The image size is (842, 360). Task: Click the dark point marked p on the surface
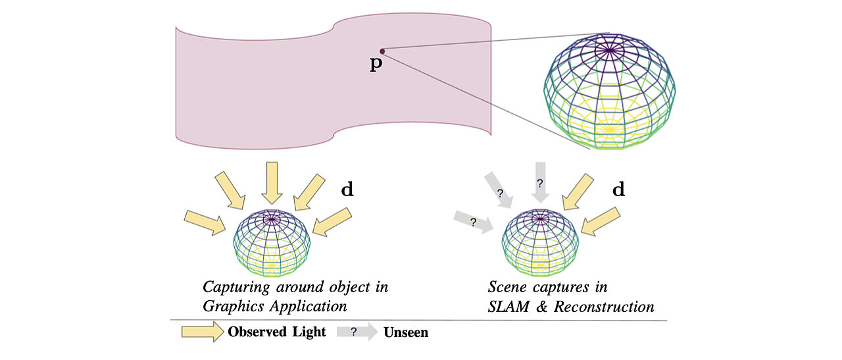[382, 51]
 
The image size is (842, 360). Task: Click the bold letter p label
[376, 64]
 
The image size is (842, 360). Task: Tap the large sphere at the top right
[610, 90]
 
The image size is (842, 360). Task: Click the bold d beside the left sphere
[347, 190]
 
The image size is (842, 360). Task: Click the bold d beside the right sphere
[618, 190]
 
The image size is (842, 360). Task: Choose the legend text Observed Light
[277, 332]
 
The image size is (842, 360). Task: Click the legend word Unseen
[406, 333]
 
